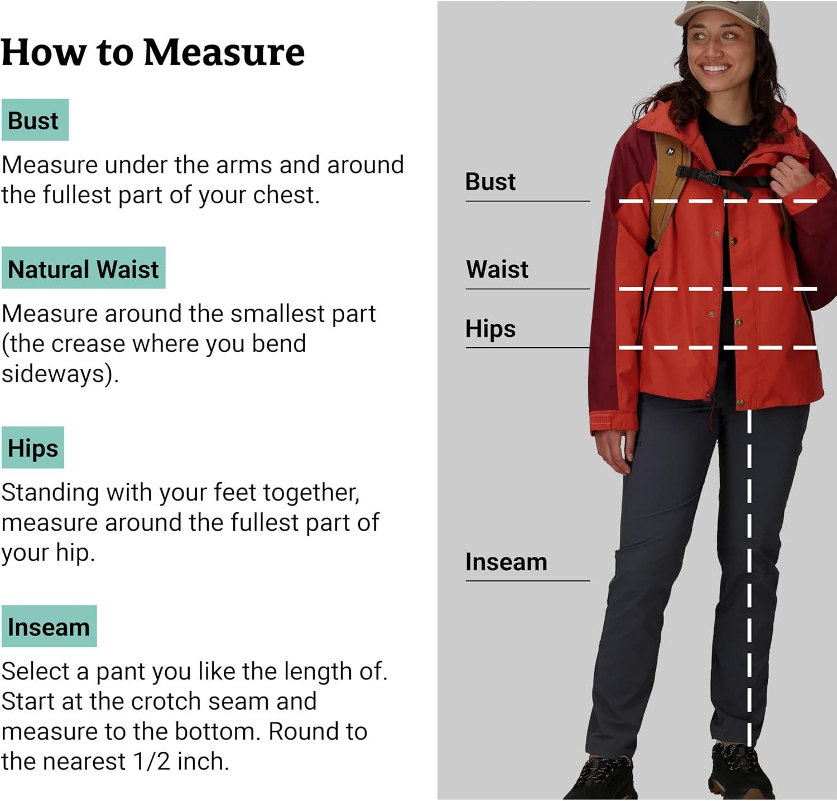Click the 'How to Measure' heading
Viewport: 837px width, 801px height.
click(153, 52)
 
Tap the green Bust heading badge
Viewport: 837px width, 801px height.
click(35, 120)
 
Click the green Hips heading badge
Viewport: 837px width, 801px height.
click(32, 448)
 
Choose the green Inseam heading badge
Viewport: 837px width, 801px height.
click(49, 626)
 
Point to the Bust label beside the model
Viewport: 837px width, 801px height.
click(490, 182)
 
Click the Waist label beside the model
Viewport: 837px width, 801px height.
click(497, 269)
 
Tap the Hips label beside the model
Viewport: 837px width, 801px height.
click(490, 329)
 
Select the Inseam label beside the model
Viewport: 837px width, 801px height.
click(506, 562)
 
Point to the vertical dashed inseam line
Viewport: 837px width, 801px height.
click(749, 577)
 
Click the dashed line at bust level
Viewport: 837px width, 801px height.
click(718, 201)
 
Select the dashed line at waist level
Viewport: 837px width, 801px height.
click(718, 289)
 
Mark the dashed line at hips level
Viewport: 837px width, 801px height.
click(718, 348)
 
